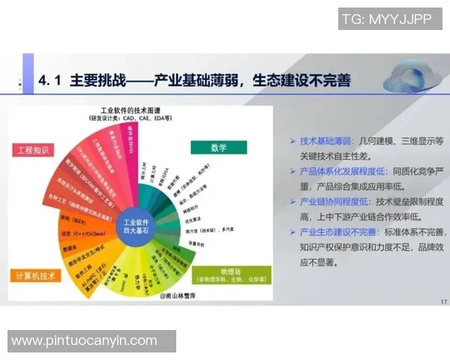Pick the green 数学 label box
point(217,147)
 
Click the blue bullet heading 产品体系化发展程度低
point(341,171)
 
